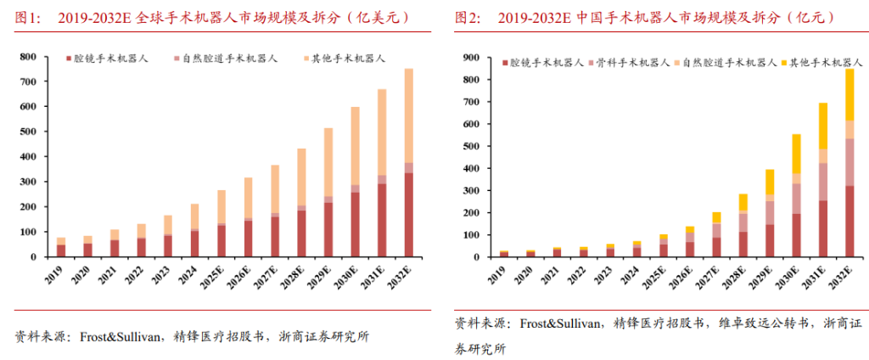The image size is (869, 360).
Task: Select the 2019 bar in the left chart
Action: pyautogui.click(x=61, y=247)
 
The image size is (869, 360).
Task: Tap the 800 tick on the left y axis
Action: pyautogui.click(x=28, y=57)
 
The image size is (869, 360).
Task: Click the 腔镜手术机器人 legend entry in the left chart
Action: pyautogui.click(x=107, y=59)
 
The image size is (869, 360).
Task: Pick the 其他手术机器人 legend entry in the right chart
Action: pyautogui.click(x=821, y=63)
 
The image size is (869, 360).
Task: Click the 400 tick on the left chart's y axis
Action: pyautogui.click(x=28, y=157)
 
